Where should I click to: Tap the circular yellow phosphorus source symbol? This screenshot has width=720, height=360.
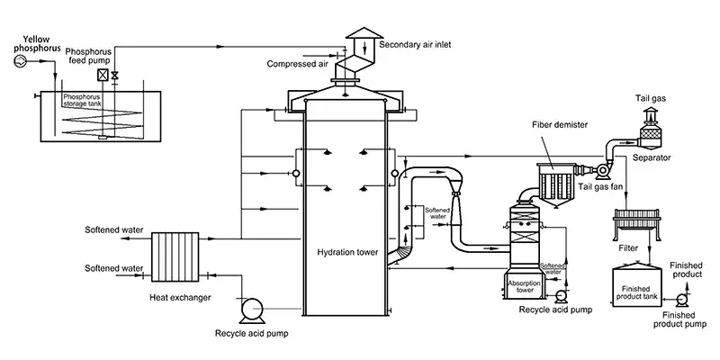click(12, 61)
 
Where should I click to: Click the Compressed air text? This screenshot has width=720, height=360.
click(297, 64)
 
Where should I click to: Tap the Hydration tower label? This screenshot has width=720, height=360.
click(348, 253)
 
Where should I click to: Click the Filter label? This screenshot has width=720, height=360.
click(629, 245)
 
